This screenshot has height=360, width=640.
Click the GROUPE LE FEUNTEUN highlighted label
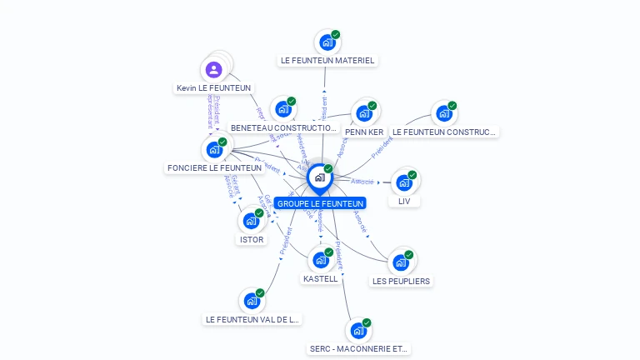(321, 203)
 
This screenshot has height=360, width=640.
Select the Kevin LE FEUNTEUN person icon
(213, 69)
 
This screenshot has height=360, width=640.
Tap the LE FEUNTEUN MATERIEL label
(327, 60)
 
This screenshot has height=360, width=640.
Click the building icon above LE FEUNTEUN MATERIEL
(327, 42)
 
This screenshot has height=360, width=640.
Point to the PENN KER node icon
(363, 112)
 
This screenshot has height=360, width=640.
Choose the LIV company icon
(404, 182)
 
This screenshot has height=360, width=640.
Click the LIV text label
(404, 201)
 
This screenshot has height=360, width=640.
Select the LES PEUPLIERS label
(402, 281)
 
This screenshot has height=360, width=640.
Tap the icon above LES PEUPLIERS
(401, 262)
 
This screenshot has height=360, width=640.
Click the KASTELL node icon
(321, 259)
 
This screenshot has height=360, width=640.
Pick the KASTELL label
(321, 278)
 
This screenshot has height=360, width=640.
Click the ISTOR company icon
(251, 221)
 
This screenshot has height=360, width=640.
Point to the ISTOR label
(252, 239)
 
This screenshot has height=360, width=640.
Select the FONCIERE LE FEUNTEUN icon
(214, 150)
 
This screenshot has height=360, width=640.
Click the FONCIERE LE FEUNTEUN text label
(215, 167)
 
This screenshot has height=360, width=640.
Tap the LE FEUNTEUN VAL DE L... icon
(252, 301)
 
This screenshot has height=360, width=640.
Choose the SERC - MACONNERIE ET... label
(359, 348)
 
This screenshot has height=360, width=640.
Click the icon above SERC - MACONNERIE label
(358, 331)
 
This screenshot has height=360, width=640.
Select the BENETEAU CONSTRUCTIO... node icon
(283, 109)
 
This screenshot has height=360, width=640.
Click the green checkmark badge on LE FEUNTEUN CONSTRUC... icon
(452, 106)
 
